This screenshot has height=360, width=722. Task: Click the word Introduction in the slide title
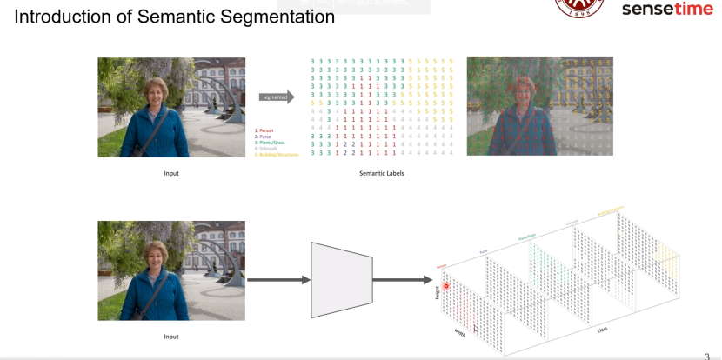(x=63, y=16)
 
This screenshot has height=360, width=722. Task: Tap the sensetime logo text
(x=667, y=10)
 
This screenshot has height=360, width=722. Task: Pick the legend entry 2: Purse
(x=264, y=137)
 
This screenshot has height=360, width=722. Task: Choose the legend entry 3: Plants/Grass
(x=270, y=143)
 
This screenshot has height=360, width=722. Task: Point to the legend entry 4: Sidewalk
(x=266, y=149)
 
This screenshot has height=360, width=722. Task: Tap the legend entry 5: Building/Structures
(x=277, y=155)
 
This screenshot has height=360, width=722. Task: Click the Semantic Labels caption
(x=381, y=173)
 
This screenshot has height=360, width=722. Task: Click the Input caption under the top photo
(x=171, y=173)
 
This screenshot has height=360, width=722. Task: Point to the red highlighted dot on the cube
(x=446, y=284)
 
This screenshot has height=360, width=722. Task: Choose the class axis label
(x=602, y=330)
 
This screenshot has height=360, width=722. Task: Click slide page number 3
(x=706, y=356)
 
